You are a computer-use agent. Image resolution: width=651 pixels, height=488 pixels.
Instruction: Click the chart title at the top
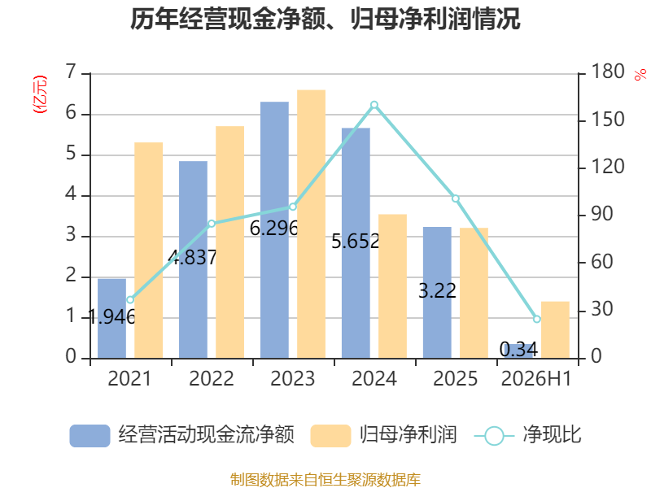325,19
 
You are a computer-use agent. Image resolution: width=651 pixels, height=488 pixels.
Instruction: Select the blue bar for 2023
274,230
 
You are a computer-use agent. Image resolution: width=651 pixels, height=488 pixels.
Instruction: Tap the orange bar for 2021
149,251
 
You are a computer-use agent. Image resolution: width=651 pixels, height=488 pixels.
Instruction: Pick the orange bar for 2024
392,286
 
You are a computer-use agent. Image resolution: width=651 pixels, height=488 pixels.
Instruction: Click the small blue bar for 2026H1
518,351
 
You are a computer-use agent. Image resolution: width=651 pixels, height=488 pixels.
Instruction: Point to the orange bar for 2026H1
555,330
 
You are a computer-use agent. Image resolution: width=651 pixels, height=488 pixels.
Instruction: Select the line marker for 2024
374,105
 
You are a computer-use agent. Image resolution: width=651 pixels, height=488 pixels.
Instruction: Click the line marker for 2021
130,299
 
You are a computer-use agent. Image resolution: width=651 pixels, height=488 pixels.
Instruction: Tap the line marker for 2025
456,198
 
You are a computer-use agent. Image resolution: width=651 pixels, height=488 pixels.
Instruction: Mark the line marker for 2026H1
537,319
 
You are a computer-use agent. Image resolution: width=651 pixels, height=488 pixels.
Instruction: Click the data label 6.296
274,229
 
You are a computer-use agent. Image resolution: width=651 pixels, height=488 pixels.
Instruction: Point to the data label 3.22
437,290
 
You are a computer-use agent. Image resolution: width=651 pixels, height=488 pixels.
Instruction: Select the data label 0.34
518,350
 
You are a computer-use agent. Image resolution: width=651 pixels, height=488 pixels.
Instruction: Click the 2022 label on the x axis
212,378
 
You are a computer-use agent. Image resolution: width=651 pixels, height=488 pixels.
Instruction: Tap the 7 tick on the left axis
71,72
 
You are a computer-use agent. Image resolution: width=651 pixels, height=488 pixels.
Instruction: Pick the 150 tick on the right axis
607,120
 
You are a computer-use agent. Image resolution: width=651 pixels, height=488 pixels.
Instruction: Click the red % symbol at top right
640,75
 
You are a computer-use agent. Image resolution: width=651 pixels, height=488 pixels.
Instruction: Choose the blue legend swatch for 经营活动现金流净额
90,435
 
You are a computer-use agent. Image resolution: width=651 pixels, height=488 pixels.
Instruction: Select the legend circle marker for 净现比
494,436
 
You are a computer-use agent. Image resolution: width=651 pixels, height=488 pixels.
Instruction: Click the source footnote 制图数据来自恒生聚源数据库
325,480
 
